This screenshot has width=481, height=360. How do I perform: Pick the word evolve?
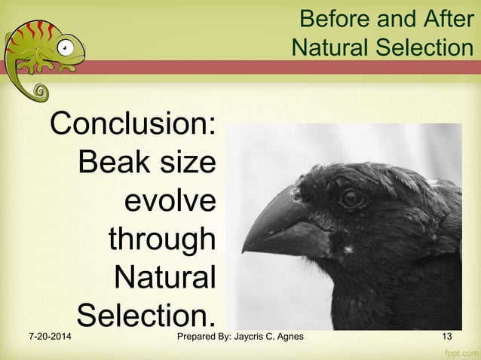[170, 201]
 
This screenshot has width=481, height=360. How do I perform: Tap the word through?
[162, 240]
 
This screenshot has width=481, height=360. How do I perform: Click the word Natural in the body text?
[164, 278]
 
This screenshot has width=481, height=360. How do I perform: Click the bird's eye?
[351, 198]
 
